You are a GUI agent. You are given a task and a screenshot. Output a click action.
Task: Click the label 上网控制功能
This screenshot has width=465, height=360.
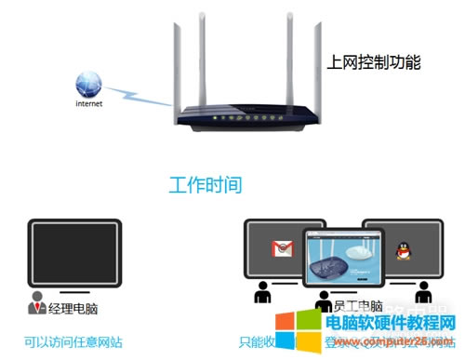coord(374,63)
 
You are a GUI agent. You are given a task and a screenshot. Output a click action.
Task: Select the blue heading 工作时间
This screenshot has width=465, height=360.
coord(205,184)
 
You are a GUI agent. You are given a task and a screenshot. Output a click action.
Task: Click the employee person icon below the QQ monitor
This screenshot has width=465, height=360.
coord(423,295)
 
